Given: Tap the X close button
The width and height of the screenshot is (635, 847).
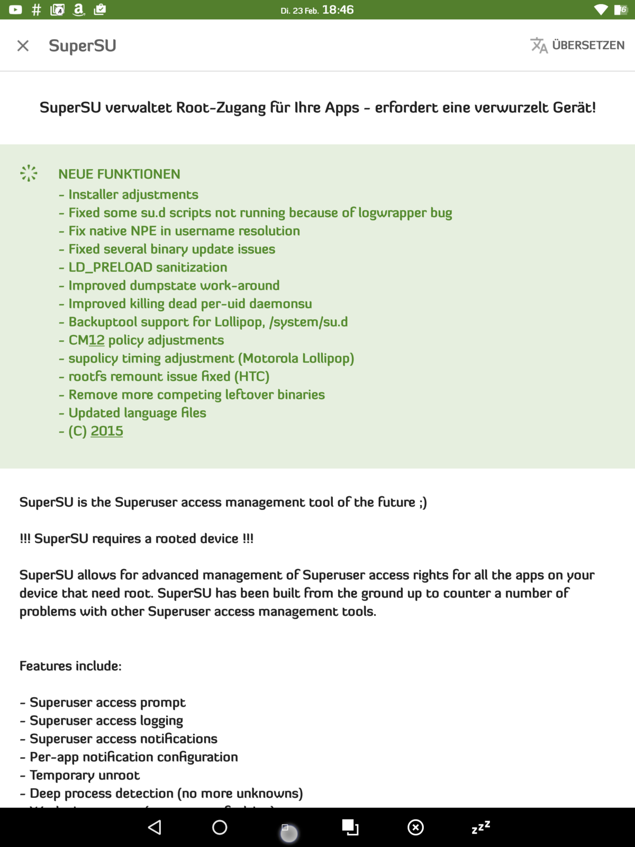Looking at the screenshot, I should pos(23,46).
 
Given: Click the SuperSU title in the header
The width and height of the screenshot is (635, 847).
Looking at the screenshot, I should pos(82,46).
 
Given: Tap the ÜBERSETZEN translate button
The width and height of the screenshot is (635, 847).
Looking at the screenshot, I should pos(577,46).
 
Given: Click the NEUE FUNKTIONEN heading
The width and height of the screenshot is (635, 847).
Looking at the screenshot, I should pos(119,174).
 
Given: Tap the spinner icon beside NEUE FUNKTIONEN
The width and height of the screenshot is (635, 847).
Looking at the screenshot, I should pos(29,173).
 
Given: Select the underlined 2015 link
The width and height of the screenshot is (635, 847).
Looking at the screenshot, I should pos(106,431).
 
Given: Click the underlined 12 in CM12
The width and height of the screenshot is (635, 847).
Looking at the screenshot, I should pos(97,340).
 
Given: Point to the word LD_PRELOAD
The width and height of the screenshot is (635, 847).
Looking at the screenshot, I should pos(110,267).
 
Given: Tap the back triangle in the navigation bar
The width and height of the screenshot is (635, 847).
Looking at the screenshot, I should pos(155,827).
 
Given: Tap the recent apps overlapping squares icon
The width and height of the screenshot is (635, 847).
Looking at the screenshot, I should pos(350,827).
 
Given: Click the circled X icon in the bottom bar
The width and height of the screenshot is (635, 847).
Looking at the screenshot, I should pos(415,827).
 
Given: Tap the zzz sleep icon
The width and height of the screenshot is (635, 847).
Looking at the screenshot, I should pos(480,827).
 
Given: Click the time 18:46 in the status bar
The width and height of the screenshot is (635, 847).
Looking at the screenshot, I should pos(338,10).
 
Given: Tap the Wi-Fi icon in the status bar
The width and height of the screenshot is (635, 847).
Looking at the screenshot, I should pos(601,10).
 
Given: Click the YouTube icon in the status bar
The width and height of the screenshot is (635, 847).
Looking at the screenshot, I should pos(15,10).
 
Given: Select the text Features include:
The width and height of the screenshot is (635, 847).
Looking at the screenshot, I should pos(70,666).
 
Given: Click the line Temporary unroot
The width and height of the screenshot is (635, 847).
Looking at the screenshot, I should pos(85,776).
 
